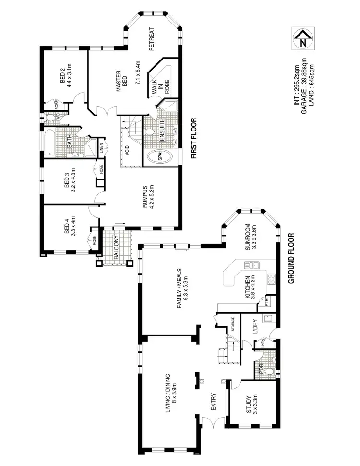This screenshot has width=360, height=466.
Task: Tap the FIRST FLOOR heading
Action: click(x=195, y=138)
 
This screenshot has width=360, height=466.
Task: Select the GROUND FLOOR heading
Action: click(x=291, y=259)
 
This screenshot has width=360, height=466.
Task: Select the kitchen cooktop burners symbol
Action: click(x=271, y=277)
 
